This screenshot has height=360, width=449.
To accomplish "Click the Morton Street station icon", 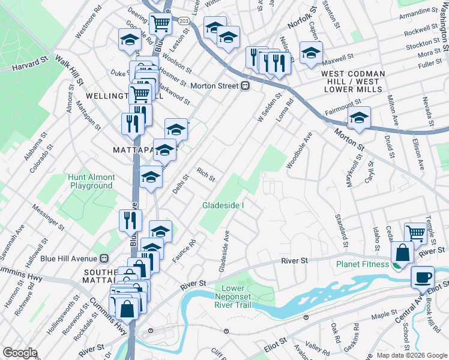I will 246,86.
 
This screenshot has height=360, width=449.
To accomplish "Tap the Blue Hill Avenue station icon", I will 104,258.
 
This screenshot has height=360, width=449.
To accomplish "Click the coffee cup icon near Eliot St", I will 423,277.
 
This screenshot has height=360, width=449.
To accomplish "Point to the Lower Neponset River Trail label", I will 234,296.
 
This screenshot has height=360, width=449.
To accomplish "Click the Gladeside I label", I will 223,205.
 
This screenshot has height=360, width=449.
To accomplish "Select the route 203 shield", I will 184,21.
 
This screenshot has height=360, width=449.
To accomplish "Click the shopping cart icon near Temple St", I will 415,233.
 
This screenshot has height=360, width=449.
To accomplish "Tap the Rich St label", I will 206,175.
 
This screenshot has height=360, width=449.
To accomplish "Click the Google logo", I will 19,353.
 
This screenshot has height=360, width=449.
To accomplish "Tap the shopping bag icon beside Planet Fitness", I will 402,253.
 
